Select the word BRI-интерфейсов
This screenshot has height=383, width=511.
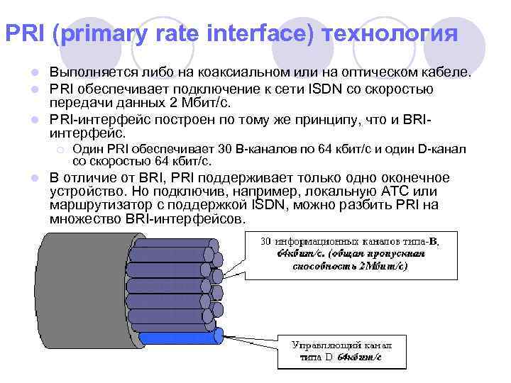click(x=187, y=219)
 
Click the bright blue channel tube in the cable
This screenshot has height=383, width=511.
click(x=181, y=336)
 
